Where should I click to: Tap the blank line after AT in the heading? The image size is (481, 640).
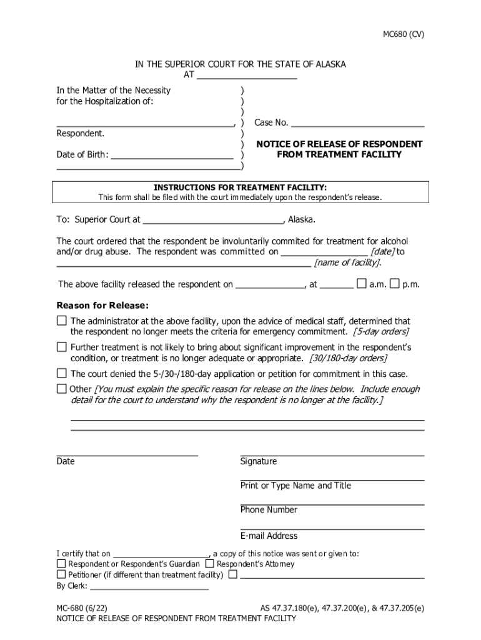pyautogui.click(x=247, y=78)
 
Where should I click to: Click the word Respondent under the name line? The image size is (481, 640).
pyautogui.click(x=81, y=133)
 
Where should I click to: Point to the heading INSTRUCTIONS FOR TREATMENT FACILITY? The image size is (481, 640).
pyautogui.click(x=241, y=187)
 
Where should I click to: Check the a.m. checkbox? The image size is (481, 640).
pyautogui.click(x=361, y=284)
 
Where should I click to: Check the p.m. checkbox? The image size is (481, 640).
pyautogui.click(x=394, y=284)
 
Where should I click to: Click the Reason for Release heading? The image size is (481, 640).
pyautogui.click(x=103, y=306)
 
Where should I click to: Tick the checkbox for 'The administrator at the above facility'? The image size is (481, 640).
pyautogui.click(x=61, y=321)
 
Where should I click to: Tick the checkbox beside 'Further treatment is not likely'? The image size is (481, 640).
pyautogui.click(x=61, y=346)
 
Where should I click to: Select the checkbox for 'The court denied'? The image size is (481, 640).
pyautogui.click(x=61, y=373)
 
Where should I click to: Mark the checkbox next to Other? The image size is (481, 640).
pyautogui.click(x=61, y=389)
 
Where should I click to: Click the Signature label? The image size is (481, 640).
pyautogui.click(x=259, y=461)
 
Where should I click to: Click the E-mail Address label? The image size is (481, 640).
pyautogui.click(x=269, y=536)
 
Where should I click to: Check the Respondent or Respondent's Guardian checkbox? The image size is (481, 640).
pyautogui.click(x=61, y=563)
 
